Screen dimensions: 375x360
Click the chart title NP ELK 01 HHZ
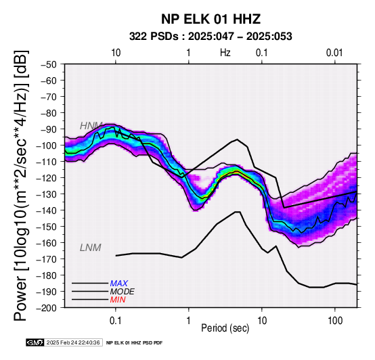211,19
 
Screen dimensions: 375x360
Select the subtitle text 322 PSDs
154,37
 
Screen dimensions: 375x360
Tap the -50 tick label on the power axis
49,64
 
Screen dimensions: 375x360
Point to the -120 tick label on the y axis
47,178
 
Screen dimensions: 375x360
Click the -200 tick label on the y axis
47,308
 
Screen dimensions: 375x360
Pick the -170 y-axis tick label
47,259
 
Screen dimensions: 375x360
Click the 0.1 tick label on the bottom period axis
116,321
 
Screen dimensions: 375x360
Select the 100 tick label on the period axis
335,321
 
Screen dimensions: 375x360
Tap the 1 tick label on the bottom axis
189,321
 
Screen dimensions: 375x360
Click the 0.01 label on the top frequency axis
334,53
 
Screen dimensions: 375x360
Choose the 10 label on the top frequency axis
116,53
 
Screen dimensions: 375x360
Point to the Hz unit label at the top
225,53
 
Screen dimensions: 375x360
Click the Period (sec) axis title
225,328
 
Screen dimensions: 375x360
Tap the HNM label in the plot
91,126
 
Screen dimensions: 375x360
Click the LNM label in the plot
91,248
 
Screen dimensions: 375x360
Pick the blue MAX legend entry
118,284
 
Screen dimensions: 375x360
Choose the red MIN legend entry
118,300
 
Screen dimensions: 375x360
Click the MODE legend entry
123,292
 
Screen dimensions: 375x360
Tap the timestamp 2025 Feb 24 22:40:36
73,342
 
